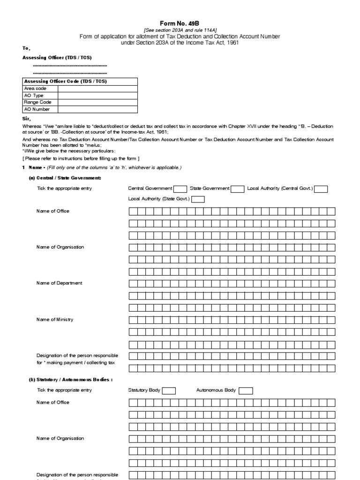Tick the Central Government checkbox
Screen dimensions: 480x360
(x=180, y=189)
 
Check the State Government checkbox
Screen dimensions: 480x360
(x=238, y=189)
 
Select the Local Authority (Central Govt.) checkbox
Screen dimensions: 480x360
(x=321, y=189)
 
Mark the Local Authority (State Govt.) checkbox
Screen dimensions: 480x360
(x=198, y=199)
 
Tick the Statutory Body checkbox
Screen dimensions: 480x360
(x=169, y=391)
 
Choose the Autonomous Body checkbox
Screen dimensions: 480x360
(x=246, y=391)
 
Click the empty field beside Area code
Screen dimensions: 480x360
(x=97, y=88)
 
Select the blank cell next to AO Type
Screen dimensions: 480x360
(x=97, y=95)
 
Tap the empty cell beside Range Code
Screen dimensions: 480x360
(x=97, y=102)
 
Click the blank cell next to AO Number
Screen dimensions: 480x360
(x=97, y=109)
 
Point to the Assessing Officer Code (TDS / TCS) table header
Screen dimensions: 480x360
(x=66, y=81)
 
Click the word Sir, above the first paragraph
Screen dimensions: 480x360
(x=26, y=119)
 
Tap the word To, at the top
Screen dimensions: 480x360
(x=26, y=48)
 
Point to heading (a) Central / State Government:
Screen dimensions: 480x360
(x=65, y=178)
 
